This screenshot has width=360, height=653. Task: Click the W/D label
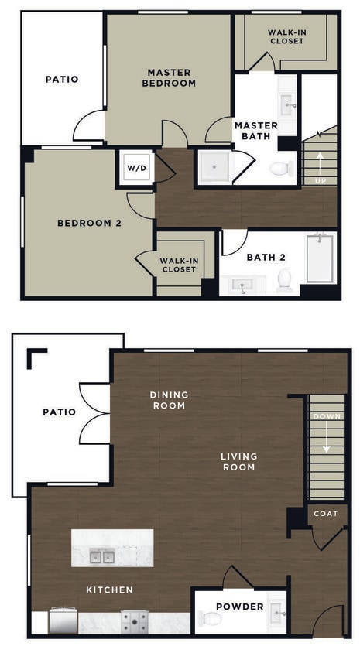pyautogui.click(x=136, y=168)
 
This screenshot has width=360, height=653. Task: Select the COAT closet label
pyautogui.click(x=326, y=513)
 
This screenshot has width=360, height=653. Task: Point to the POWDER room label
pyautogui.click(x=239, y=607)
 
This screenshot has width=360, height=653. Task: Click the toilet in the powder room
pyautogui.click(x=211, y=618)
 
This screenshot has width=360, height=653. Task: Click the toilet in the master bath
pyautogui.click(x=280, y=168)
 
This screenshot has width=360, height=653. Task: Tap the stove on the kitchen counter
pyautogui.click(x=135, y=621)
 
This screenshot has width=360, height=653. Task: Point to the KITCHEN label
pyautogui.click(x=109, y=590)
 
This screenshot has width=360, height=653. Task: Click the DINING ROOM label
pyautogui.click(x=169, y=400)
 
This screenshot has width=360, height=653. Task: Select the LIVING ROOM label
pyautogui.click(x=238, y=462)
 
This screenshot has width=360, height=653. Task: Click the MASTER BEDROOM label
pyautogui.click(x=169, y=77)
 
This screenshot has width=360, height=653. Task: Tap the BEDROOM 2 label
pyautogui.click(x=90, y=224)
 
